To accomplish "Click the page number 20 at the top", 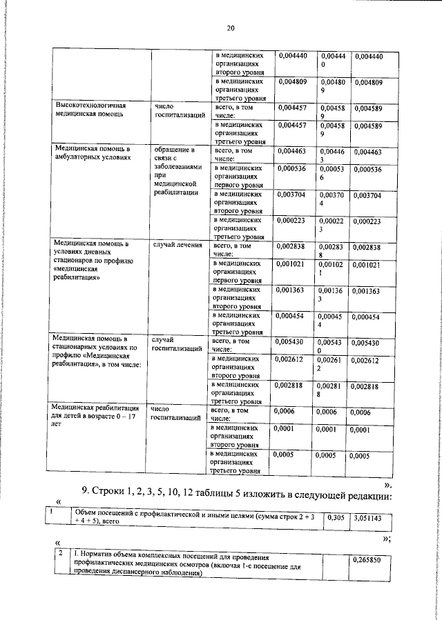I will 231,28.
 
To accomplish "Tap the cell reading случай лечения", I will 177,245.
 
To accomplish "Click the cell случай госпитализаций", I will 177,344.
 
